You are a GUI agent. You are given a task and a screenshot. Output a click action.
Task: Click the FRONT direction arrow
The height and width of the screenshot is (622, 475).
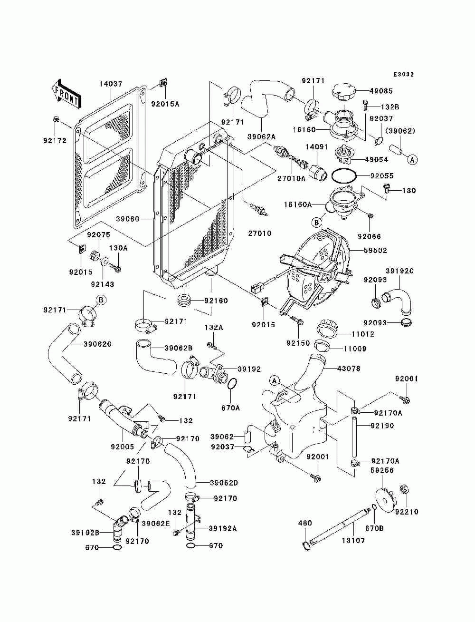coord(66,94)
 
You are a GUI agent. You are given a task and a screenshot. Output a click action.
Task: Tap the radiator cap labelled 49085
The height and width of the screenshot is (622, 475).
coord(343,91)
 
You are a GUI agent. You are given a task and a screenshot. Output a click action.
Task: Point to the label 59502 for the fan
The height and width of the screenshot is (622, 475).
coord(376,251)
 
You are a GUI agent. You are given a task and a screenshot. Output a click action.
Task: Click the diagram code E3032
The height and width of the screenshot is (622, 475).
coord(403,74)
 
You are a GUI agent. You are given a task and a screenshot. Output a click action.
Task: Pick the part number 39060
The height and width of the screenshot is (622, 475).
coord(128,219)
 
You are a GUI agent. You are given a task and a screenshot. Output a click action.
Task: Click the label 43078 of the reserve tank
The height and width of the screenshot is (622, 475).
coord(349,369)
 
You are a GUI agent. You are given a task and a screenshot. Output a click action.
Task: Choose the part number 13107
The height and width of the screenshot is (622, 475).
coord(353,540)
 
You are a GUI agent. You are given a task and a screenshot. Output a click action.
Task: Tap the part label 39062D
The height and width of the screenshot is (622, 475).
coord(224,483)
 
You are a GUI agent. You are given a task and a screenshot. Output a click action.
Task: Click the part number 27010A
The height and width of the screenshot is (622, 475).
coord(291,179)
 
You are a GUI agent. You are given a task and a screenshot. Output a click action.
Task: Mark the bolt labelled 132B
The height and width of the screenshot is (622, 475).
coord(365,106)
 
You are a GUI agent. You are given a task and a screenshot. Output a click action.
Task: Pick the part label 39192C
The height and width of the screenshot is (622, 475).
coord(399,271)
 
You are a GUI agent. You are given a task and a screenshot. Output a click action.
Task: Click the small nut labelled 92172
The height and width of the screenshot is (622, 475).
coord(56,119)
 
